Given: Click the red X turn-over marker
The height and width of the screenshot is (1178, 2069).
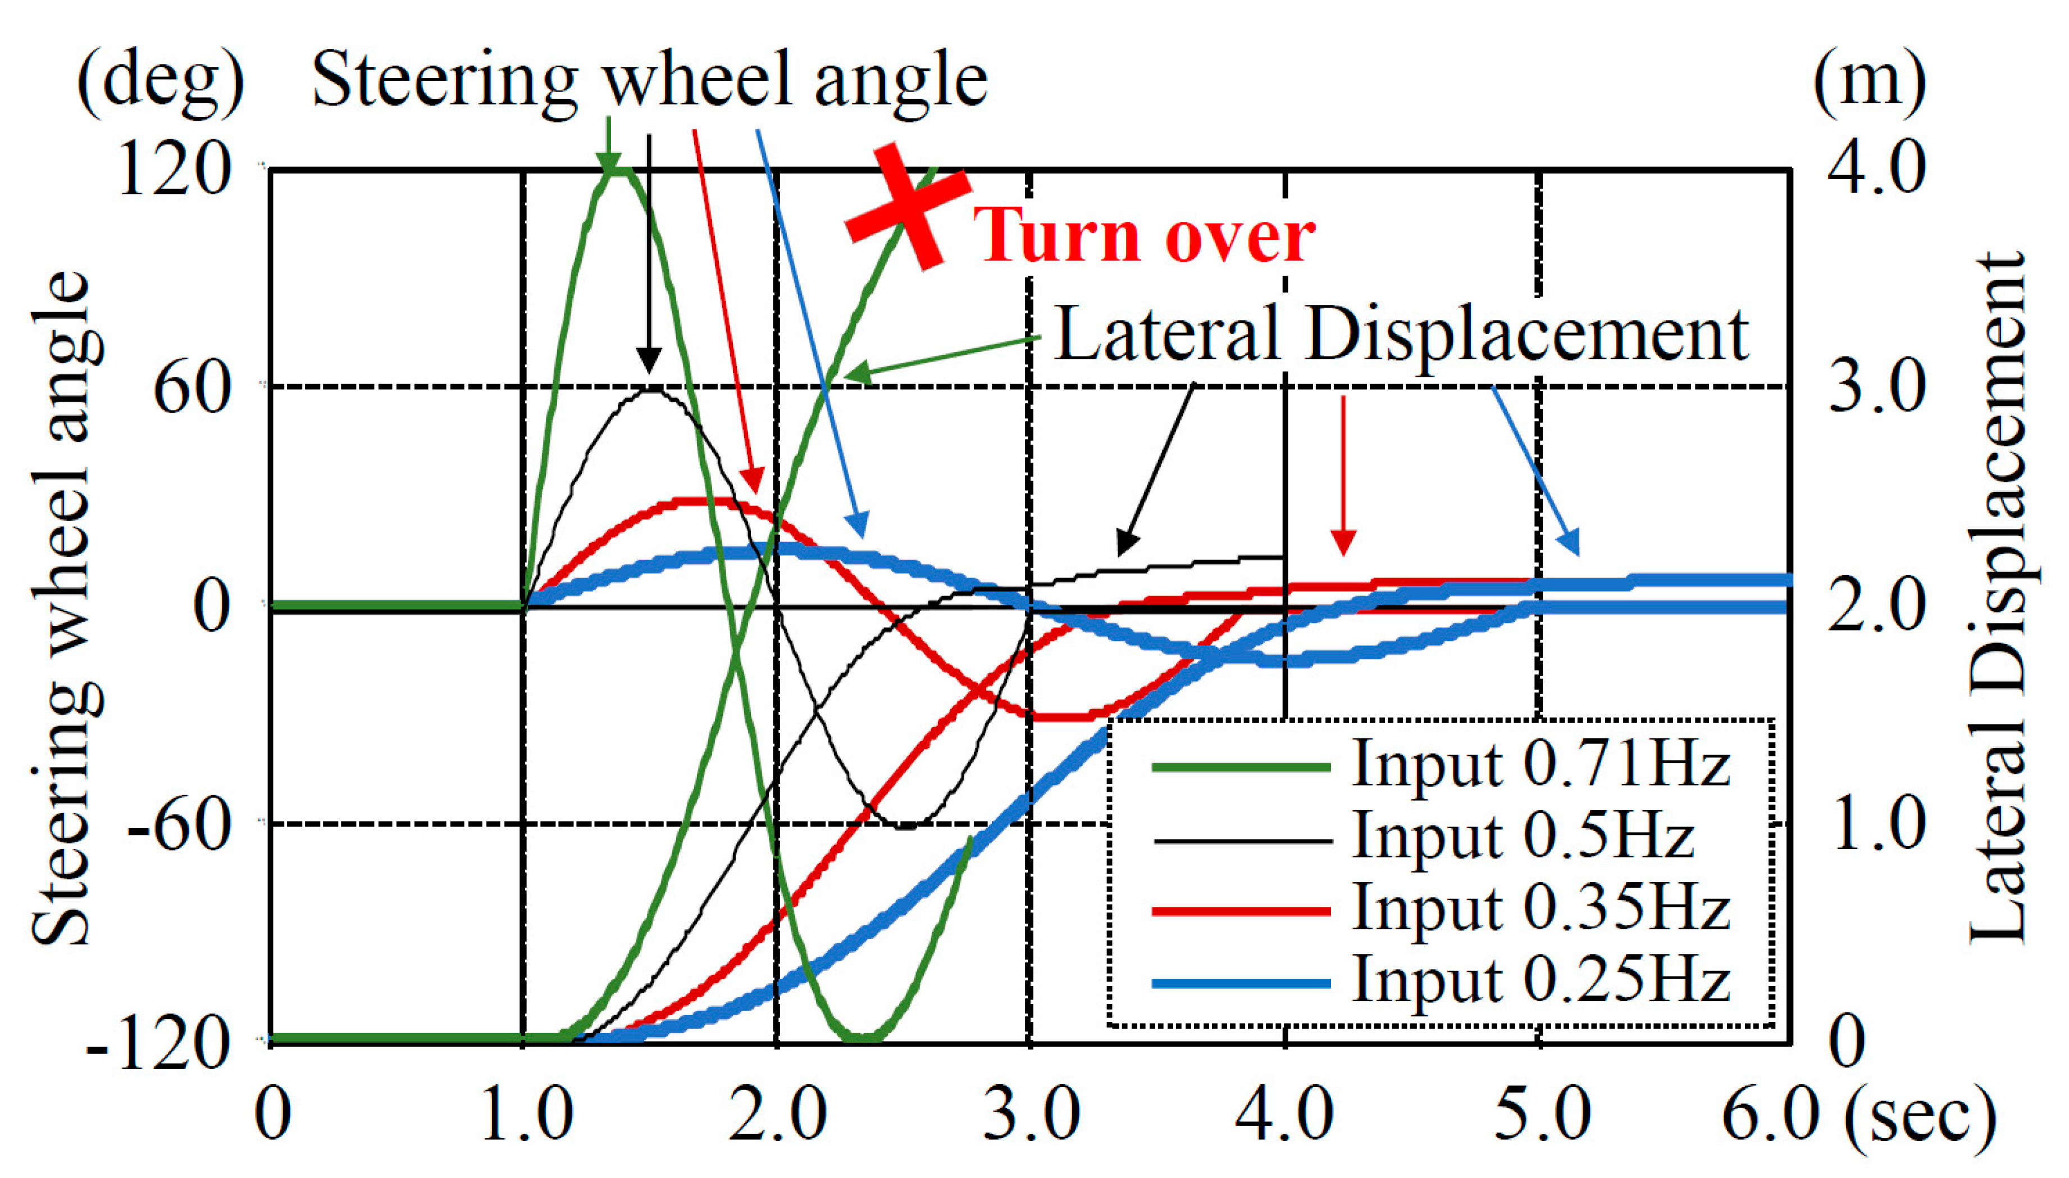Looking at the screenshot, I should (908, 206).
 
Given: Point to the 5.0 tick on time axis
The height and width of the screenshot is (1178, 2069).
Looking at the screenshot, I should (1541, 1115).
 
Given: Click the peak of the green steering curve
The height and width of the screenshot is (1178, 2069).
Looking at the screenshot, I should (617, 169).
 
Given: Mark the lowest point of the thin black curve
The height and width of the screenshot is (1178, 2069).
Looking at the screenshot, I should (906, 828).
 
